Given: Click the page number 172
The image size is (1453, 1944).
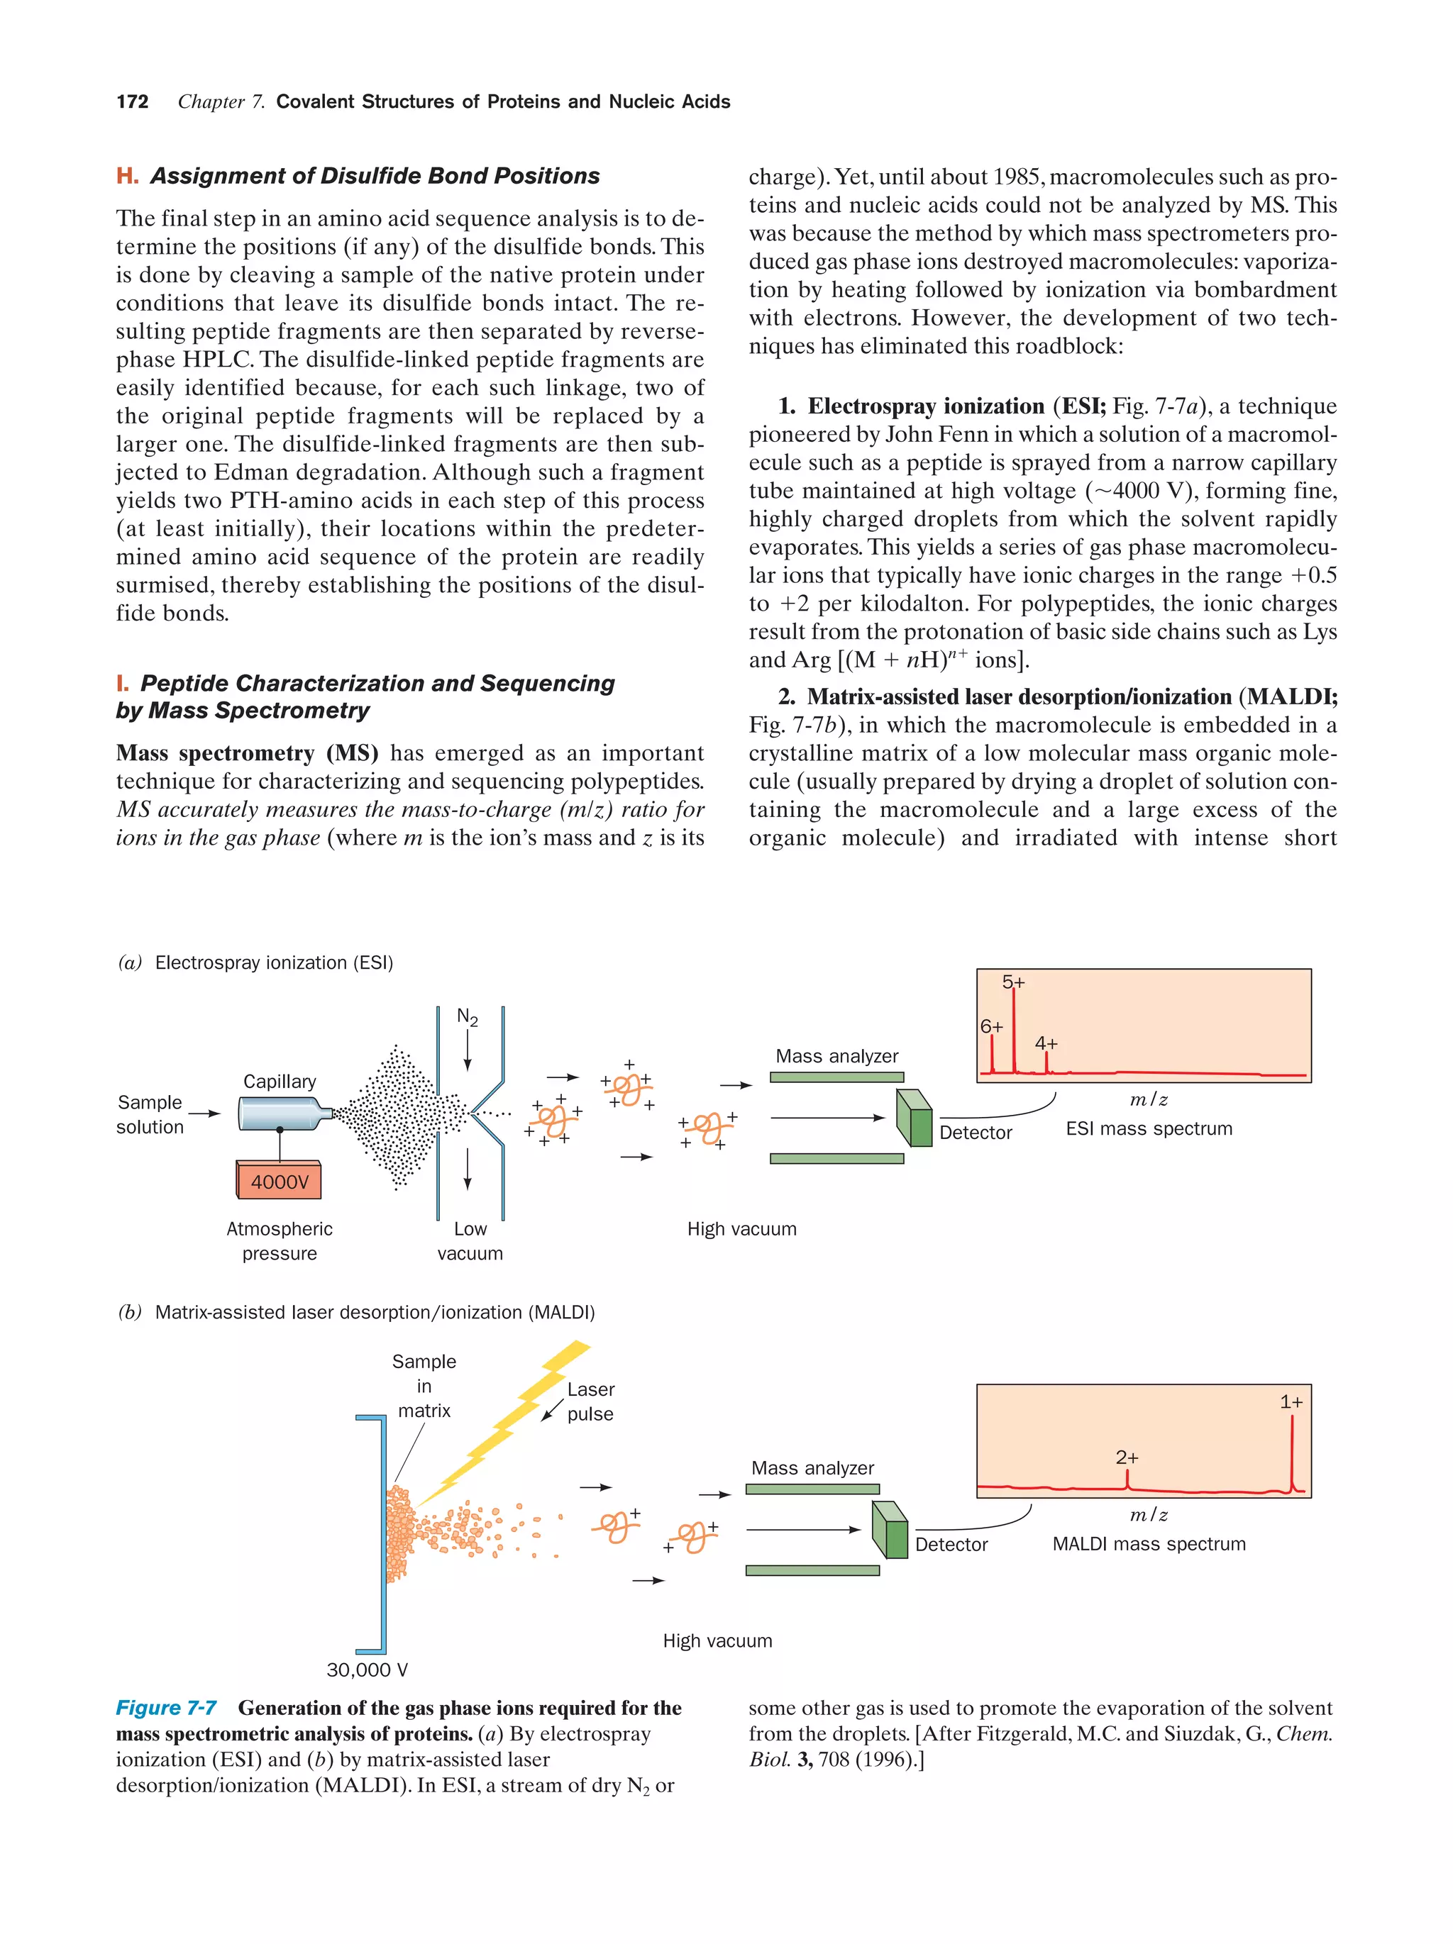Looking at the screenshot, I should [x=132, y=102].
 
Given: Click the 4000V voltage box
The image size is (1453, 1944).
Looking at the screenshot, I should [x=280, y=1181].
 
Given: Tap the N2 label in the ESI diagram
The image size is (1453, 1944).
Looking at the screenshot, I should [x=467, y=1017].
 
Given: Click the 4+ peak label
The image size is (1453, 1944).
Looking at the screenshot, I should [x=1045, y=1043].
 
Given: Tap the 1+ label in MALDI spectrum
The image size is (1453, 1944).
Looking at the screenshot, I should [x=1291, y=1401].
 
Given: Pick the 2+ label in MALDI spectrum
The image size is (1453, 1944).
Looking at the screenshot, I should [x=1126, y=1457].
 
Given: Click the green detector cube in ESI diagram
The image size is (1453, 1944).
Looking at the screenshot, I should [x=915, y=1118].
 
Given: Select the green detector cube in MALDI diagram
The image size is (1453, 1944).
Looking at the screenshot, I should [x=890, y=1530].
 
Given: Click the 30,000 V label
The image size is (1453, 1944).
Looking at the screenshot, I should [x=367, y=1670].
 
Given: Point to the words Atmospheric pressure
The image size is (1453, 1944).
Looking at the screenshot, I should [x=280, y=1241].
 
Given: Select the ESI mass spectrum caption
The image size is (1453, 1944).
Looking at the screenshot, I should [x=1148, y=1128].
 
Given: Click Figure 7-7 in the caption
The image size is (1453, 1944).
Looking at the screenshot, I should [x=166, y=1708].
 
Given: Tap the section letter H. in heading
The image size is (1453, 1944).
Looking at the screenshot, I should [x=128, y=176].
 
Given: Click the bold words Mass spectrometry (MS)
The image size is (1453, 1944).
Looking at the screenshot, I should [x=247, y=753].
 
